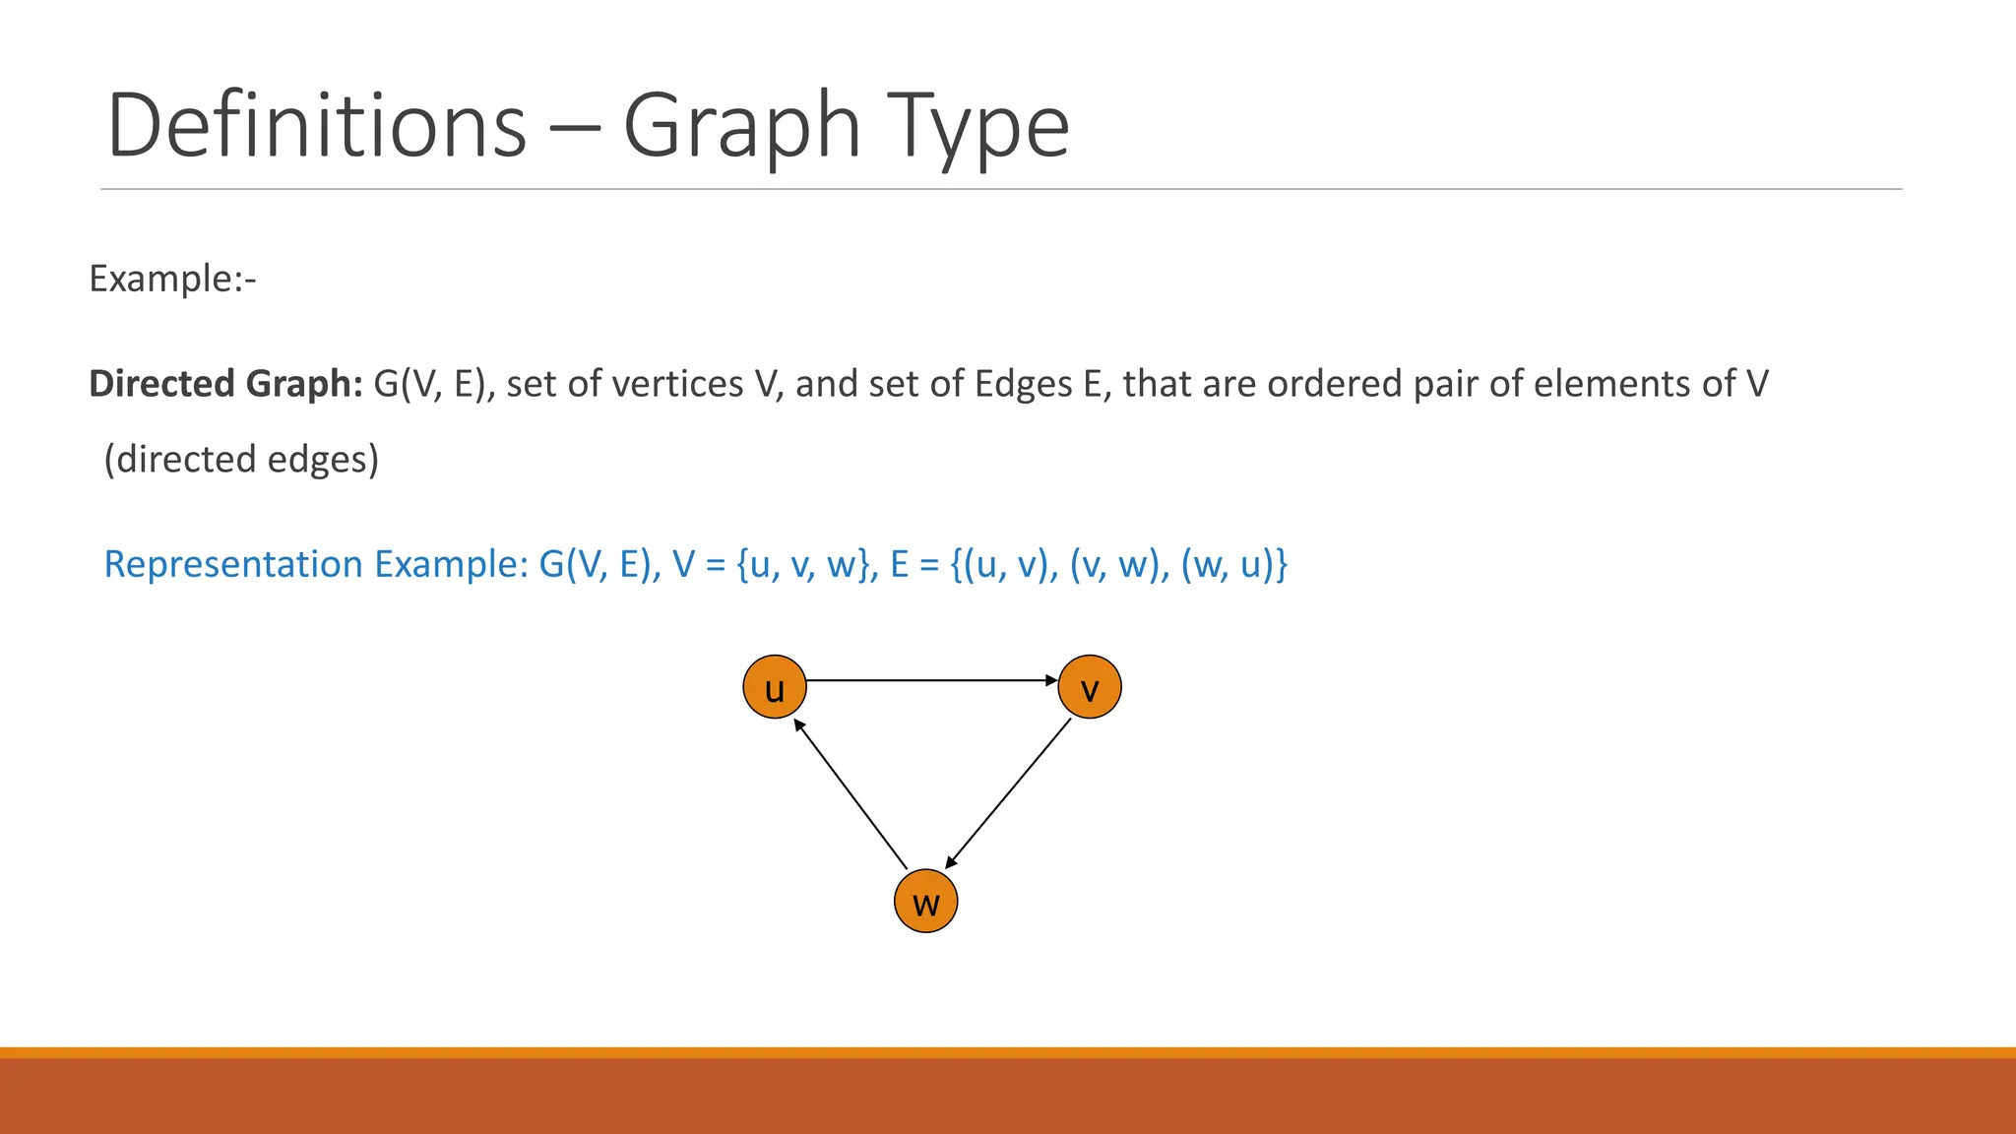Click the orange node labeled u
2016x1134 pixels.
pos(775,687)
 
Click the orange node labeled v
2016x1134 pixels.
pos(1090,687)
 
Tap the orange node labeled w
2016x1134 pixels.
pos(925,901)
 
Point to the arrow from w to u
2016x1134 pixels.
pos(850,794)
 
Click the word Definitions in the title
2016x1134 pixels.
pos(317,126)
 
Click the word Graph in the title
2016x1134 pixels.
pos(741,126)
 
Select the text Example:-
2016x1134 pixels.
pos(172,279)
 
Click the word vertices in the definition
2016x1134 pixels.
pos(676,383)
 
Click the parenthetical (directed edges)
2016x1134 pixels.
pos(241,459)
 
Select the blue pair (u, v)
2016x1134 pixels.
pos(1010,564)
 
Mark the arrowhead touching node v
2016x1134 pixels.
pos(1051,680)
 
